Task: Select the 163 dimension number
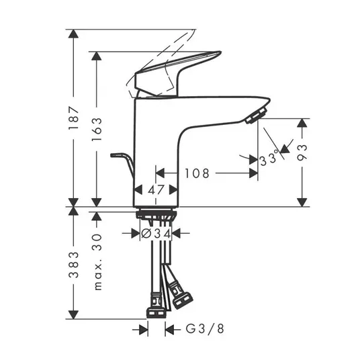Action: [x=97, y=129]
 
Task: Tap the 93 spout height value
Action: [x=302, y=152]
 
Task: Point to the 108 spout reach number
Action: [x=197, y=173]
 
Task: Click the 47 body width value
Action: [x=156, y=190]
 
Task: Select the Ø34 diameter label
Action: [x=156, y=234]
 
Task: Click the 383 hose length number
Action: [x=74, y=265]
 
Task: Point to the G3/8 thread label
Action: [x=205, y=329]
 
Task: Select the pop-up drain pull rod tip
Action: [x=113, y=155]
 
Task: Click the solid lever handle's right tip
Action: [x=220, y=52]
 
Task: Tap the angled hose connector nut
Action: [x=183, y=300]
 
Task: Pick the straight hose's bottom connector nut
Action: [x=156, y=313]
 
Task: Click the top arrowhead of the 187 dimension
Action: [x=73, y=34]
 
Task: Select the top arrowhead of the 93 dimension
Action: [x=302, y=123]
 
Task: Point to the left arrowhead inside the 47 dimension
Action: [x=138, y=190]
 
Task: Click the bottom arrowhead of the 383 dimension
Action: [x=73, y=315]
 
